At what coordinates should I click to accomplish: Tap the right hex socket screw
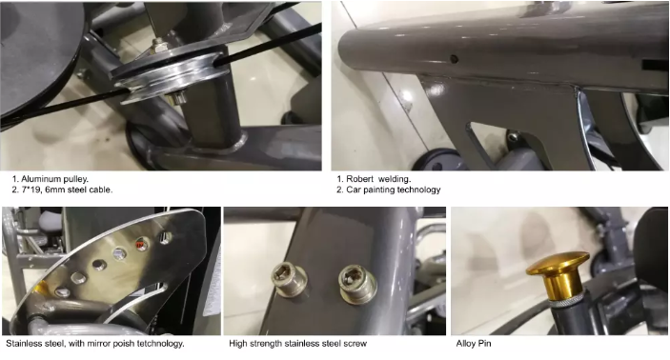[357, 284]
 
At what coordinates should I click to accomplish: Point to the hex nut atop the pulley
[159, 44]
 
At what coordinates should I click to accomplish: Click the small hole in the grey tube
[454, 59]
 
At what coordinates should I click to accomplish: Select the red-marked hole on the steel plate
[141, 245]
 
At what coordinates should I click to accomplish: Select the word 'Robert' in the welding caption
[360, 179]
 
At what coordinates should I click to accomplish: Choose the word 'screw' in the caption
[355, 344]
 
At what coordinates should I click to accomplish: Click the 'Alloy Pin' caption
[474, 344]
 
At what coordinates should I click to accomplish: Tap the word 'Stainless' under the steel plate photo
[22, 344]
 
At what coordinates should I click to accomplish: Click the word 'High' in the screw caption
[237, 344]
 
